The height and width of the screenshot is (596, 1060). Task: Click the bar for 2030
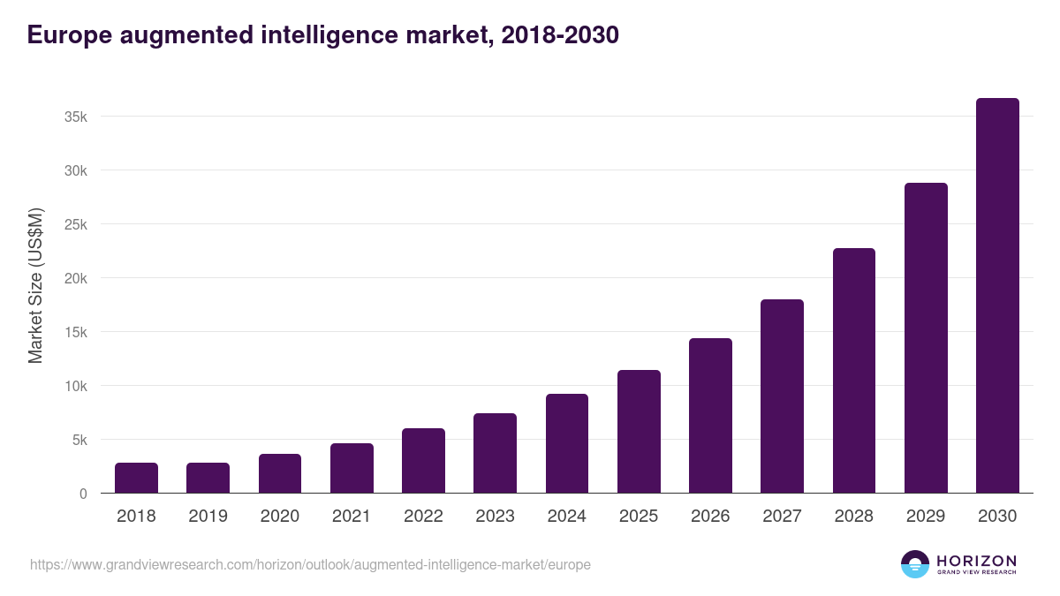(997, 296)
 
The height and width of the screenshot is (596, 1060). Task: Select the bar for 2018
(136, 478)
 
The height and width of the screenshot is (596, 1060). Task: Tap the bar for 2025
(639, 432)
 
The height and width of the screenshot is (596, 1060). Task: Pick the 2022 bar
(423, 461)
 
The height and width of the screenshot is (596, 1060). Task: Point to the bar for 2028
(854, 371)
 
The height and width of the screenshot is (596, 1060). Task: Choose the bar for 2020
(280, 473)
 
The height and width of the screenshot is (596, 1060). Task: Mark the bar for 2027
(782, 396)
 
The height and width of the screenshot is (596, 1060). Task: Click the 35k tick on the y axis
(76, 117)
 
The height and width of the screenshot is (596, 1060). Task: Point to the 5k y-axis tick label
(79, 441)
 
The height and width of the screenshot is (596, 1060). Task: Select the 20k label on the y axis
(76, 279)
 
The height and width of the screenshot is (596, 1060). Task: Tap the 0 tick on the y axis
(83, 494)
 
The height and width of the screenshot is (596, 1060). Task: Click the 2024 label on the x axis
(566, 517)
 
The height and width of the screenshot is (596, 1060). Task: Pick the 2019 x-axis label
(208, 517)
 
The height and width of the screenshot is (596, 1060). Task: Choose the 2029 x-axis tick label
(926, 517)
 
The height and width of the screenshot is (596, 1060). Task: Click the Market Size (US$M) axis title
(35, 286)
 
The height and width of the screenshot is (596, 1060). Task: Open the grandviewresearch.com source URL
(310, 564)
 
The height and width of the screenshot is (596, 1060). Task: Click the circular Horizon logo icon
(915, 564)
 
